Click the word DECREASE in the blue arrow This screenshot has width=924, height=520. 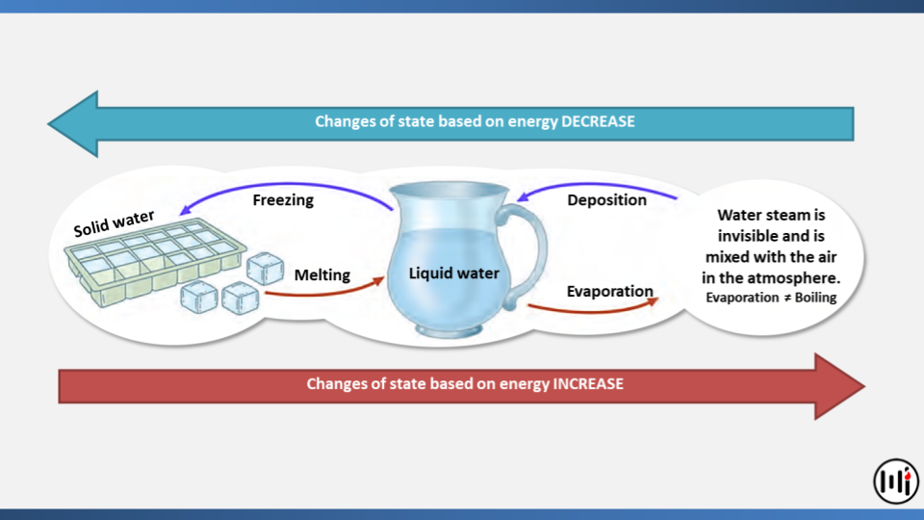[x=598, y=121]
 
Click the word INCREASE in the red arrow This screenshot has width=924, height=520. [x=587, y=384]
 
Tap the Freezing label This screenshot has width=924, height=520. [x=283, y=200]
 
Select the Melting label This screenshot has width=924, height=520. [x=321, y=274]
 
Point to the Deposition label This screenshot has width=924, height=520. [x=606, y=200]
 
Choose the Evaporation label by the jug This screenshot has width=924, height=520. [x=610, y=291]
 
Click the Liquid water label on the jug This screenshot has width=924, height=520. [x=453, y=273]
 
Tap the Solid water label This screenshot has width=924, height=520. [x=114, y=222]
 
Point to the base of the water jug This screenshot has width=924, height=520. [x=449, y=329]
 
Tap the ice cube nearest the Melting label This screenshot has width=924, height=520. [x=266, y=269]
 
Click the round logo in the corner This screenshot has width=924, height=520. [x=896, y=481]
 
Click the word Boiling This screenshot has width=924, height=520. [x=815, y=298]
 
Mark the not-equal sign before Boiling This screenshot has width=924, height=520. [x=786, y=298]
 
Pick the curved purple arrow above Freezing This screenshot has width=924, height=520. [x=287, y=185]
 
